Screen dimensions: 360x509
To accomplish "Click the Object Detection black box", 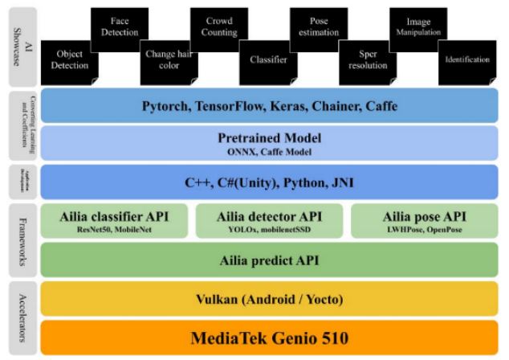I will click(69, 59).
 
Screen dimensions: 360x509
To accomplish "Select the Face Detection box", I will click(119, 27).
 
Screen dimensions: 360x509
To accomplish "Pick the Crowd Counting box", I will click(218, 27).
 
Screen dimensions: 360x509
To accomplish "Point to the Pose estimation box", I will click(316, 27).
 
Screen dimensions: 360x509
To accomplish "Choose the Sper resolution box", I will click(366, 59).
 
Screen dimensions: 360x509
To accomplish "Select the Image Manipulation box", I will click(416, 27).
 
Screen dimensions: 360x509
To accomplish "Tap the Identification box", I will click(465, 59).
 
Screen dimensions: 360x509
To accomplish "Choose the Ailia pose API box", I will click(424, 220).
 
